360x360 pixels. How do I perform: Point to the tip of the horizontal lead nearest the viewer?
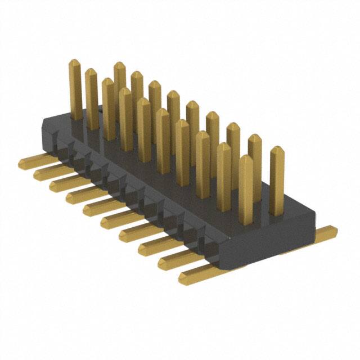(183, 279)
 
